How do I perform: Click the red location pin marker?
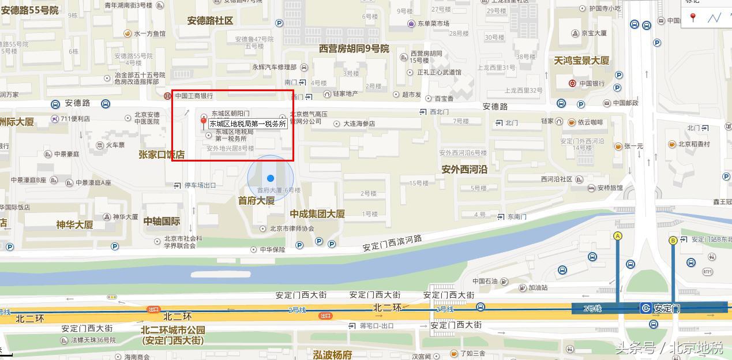pyautogui.click(x=203, y=121)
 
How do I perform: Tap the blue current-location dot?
pyautogui.click(x=271, y=178)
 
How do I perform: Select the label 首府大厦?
pyautogui.click(x=256, y=201)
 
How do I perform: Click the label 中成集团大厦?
pyautogui.click(x=317, y=213)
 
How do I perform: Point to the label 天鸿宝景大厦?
pyautogui.click(x=581, y=61)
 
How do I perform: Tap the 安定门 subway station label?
pyautogui.click(x=666, y=309)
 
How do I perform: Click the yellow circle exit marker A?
pyautogui.click(x=618, y=235)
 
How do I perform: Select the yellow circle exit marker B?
pyautogui.click(x=673, y=240)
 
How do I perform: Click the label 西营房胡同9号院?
pyautogui.click(x=354, y=48)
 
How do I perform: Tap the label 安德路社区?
pyautogui.click(x=210, y=21)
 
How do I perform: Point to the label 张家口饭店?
pyautogui.click(x=162, y=155)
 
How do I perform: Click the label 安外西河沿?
pyautogui.click(x=464, y=170)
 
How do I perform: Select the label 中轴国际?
pyautogui.click(x=162, y=221)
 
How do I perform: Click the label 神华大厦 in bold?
pyautogui.click(x=74, y=225)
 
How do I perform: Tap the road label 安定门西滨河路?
pyautogui.click(x=392, y=243)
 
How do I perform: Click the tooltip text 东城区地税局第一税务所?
pyautogui.click(x=247, y=123)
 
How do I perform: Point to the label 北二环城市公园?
pyautogui.click(x=172, y=331)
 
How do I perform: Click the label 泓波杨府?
pyautogui.click(x=332, y=354)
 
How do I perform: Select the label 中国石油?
pyautogui.click(x=485, y=282)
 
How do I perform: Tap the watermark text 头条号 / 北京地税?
pyautogui.click(x=669, y=348)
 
